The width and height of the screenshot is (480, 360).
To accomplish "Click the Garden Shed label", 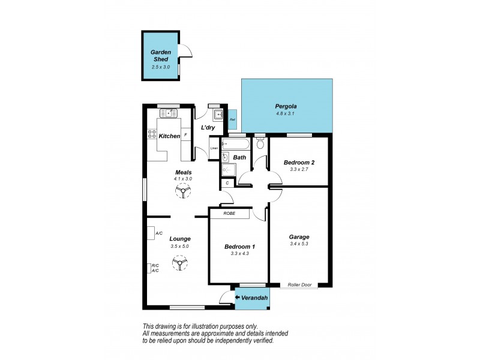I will (161, 56).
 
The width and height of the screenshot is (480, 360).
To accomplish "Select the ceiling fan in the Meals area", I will (183, 191).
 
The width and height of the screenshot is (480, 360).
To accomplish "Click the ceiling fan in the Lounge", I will (179, 263).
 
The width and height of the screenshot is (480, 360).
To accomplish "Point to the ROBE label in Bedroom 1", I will (229, 214).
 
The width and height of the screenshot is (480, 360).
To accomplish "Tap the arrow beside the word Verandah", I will (238, 296).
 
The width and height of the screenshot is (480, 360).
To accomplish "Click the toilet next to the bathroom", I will (260, 144).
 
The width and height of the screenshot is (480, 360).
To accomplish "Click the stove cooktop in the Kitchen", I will (151, 136).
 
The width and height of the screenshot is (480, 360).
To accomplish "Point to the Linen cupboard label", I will (213, 148).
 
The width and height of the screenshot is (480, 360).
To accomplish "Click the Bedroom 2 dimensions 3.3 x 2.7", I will (298, 170).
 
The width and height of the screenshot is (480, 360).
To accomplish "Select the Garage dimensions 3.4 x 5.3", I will (299, 244).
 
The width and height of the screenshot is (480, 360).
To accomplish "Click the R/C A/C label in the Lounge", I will (155, 268).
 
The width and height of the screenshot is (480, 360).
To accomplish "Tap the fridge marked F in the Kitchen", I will (185, 135).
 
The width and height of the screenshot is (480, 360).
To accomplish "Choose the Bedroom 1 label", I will (239, 247).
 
